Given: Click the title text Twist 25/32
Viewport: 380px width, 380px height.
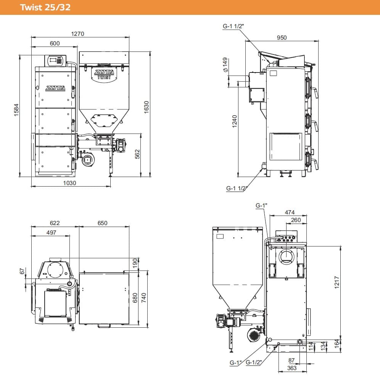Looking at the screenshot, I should pos(45,7).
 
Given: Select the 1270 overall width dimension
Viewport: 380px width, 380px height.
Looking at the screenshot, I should pos(77,34).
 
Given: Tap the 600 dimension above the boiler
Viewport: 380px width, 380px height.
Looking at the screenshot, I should pos(55,43).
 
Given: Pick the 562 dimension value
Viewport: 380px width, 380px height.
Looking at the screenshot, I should pos(138,154).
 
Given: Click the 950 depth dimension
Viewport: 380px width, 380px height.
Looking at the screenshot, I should pos(282,37).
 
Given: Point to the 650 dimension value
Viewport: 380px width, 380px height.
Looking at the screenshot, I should pos(102,223).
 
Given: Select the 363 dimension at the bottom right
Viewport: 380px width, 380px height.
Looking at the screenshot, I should pos(292,368).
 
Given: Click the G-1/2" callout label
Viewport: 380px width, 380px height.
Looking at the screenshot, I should pos(253,362).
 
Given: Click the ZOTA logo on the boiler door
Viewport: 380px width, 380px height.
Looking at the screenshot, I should pos(55,88).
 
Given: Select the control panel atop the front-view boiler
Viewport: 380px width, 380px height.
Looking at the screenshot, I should pos(56,60).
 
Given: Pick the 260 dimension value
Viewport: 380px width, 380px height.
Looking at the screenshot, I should pos(296,220).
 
